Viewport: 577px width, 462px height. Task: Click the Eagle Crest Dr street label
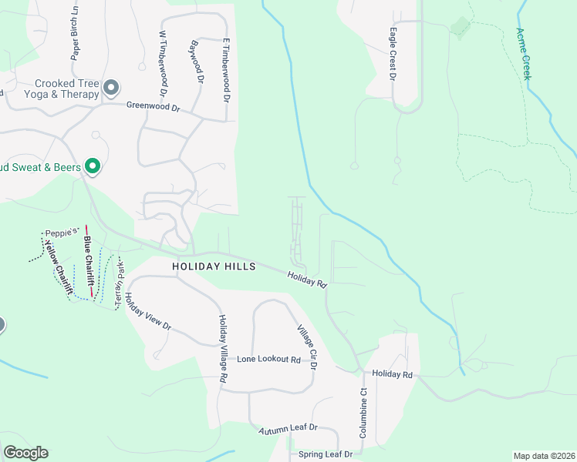tap(393, 55)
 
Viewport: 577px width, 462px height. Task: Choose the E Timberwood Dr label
tap(227, 72)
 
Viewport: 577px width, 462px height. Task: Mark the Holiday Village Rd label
tap(222, 349)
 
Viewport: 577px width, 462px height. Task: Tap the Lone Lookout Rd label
tap(268, 360)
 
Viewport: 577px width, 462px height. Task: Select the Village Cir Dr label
tap(307, 347)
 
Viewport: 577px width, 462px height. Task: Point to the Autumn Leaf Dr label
tap(288, 428)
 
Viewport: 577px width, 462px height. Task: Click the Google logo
tap(25, 453)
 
